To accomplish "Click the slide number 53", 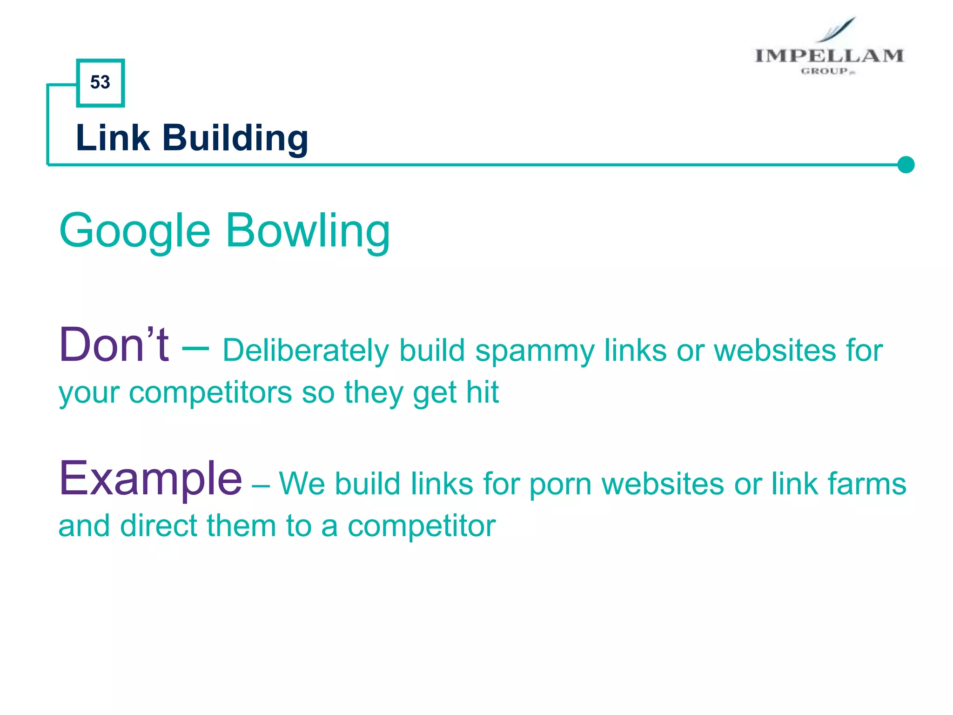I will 100,82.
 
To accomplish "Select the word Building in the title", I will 235,139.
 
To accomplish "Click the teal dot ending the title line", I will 906,165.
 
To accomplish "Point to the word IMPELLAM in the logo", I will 829,56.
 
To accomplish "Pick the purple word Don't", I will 114,345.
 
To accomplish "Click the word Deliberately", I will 305,351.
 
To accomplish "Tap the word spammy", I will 535,351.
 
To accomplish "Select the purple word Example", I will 150,479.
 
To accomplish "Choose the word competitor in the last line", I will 422,526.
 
